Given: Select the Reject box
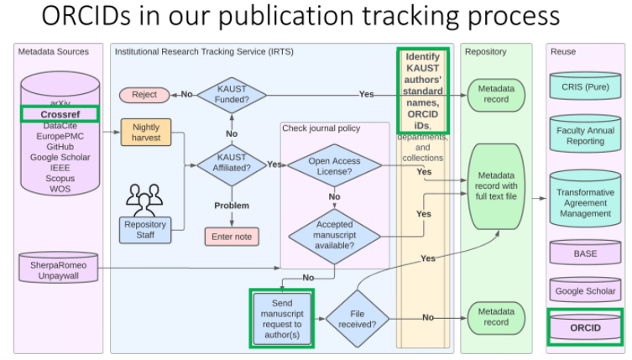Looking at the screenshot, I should coord(144,95).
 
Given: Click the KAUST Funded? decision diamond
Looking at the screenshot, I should coord(231,94).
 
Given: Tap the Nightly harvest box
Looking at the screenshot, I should coord(145,132).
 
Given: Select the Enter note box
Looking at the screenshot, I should coord(231,237).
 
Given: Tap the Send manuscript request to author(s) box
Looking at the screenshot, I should coord(282,318).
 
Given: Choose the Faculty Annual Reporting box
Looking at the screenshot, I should coord(585,136).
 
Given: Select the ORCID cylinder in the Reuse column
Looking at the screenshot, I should coord(585,326).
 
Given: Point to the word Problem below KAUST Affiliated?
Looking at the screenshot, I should coord(231,205).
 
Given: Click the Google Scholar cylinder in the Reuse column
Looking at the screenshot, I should coord(585,290).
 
